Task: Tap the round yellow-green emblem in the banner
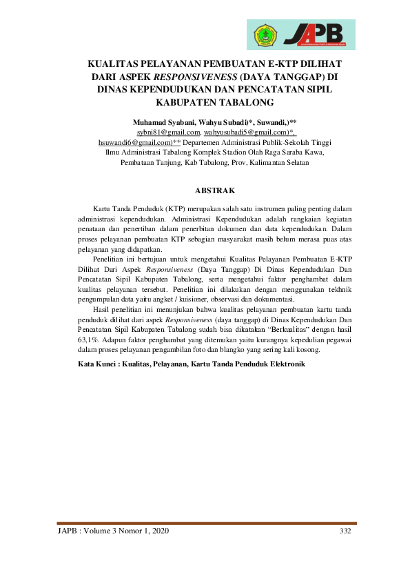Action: pyautogui.click(x=266, y=32)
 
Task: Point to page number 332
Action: pyautogui.click(x=345, y=531)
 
